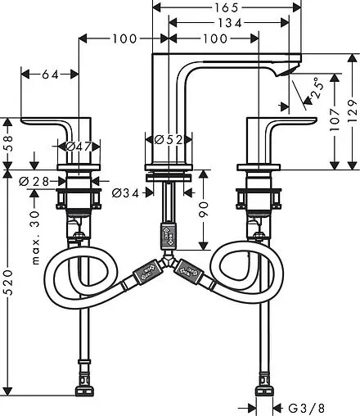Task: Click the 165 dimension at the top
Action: [x=227, y=7]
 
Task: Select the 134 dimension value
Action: [x=230, y=23]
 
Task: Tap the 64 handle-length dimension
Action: [x=51, y=75]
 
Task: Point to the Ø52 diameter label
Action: [x=169, y=140]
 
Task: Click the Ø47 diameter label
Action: [x=79, y=147]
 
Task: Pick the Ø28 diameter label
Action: [x=34, y=181]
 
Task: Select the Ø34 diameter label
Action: [x=125, y=193]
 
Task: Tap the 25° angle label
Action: [x=318, y=88]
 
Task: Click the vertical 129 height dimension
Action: [x=353, y=111]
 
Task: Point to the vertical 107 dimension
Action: [x=335, y=120]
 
